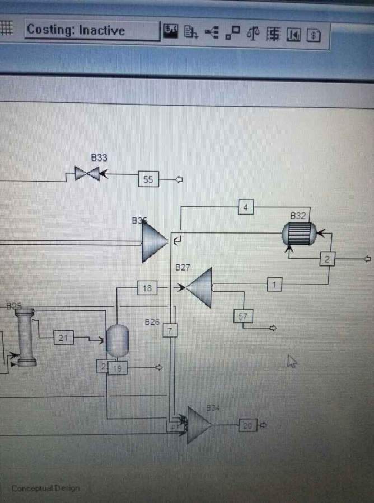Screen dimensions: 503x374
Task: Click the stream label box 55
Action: (148, 179)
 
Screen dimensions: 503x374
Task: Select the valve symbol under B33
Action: (87, 174)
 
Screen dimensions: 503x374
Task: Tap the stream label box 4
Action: (245, 208)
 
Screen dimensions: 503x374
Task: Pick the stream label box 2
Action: (328, 259)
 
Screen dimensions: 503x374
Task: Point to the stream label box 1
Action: (274, 284)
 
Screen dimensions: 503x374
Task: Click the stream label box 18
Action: (147, 288)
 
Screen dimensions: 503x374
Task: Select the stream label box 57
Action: (242, 316)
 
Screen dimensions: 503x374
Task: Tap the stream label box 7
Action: (170, 330)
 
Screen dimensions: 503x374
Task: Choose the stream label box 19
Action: (117, 368)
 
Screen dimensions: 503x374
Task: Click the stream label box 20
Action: (247, 425)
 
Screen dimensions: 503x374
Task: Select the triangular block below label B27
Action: (200, 287)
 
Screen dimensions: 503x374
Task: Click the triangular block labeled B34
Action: (198, 425)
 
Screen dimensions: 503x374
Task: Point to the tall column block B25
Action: (26, 337)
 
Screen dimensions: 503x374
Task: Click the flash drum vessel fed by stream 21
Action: (118, 340)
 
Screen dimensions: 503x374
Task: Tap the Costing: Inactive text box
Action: (91, 30)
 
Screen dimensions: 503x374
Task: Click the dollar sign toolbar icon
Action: (314, 35)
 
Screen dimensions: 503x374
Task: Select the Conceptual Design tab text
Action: (45, 488)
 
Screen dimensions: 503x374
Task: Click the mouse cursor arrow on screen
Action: (292, 361)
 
